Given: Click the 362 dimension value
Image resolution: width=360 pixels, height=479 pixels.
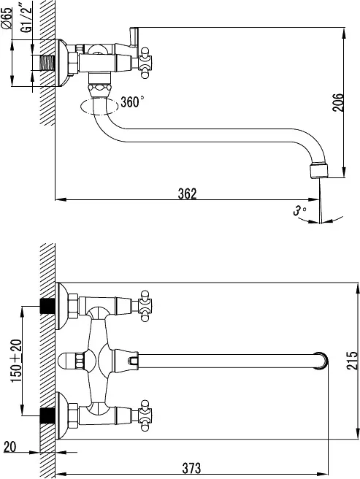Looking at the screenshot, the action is [x=188, y=193].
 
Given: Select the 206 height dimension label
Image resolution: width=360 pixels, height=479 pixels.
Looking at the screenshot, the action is [x=338, y=103].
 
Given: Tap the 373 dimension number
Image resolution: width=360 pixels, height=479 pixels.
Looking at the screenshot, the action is [x=191, y=468].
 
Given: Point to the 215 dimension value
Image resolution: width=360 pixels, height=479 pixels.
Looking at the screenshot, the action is [x=352, y=361].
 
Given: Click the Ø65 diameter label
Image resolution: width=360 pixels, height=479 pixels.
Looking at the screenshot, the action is [x=7, y=18].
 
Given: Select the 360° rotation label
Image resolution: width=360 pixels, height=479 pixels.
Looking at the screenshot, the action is [x=132, y=101].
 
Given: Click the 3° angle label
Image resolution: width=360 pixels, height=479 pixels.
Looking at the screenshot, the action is [x=299, y=210].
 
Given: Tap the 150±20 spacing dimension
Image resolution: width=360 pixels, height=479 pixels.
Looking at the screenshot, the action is [x=16, y=361].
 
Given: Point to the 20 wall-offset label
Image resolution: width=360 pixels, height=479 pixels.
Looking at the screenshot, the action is [x=9, y=447].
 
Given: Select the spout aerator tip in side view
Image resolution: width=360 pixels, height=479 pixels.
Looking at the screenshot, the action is [x=319, y=172].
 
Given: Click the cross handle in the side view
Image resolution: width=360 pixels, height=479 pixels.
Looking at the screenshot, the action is [x=145, y=63].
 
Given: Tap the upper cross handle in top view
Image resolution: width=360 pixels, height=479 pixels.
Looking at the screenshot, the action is [x=145, y=306].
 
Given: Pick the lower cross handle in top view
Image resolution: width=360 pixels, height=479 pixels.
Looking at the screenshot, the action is [x=145, y=415].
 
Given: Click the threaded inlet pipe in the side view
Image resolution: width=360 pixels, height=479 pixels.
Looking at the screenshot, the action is [x=47, y=64].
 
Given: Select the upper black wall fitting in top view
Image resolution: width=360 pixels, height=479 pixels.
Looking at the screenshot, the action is [x=47, y=306].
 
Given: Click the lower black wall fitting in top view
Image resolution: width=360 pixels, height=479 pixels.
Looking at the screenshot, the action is [x=47, y=415].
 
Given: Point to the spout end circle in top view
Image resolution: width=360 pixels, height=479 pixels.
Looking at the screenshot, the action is [x=321, y=361].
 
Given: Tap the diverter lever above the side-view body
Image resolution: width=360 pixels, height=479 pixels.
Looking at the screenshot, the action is [x=134, y=37].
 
